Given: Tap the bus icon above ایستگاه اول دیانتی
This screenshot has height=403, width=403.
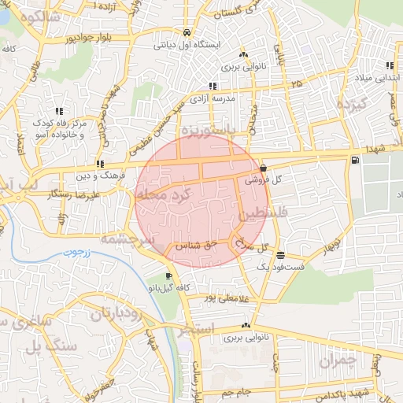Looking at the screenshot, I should (x=187, y=33).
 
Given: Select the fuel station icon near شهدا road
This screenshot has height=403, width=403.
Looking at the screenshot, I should (x=355, y=161).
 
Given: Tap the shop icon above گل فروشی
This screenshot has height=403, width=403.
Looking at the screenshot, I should (x=262, y=168).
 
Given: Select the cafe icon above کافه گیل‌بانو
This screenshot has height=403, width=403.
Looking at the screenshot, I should (x=169, y=276).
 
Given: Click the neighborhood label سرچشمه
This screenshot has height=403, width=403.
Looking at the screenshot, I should (x=118, y=237).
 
